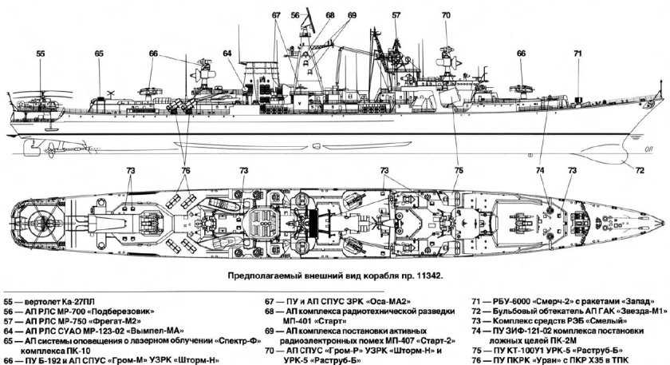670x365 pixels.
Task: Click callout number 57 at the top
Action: pyautogui.click(x=396, y=15)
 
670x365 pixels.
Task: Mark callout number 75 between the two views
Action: pyautogui.click(x=458, y=169)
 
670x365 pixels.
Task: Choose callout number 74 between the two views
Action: pyautogui.click(x=541, y=169)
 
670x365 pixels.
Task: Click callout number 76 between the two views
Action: pyautogui.click(x=185, y=169)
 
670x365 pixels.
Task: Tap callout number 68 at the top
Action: pyautogui.click(x=330, y=15)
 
